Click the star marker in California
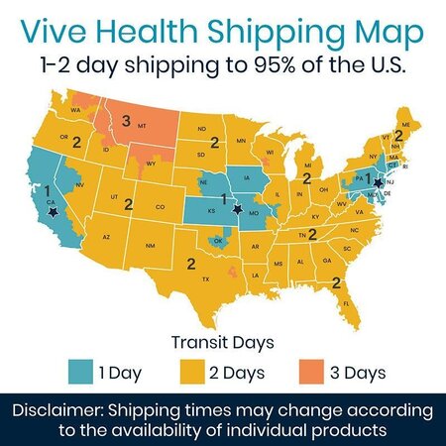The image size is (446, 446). coord(52,210)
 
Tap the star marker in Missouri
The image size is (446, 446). coord(237,209)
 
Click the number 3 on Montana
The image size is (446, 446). coord(126,121)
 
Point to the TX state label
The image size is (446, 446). coord(205,279)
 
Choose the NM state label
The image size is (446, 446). coord(151,246)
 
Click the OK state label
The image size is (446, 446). coord(218,241)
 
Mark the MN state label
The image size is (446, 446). coord(240,142)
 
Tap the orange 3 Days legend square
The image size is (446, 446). coord(311,373)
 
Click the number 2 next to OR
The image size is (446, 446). coord(76,142)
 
